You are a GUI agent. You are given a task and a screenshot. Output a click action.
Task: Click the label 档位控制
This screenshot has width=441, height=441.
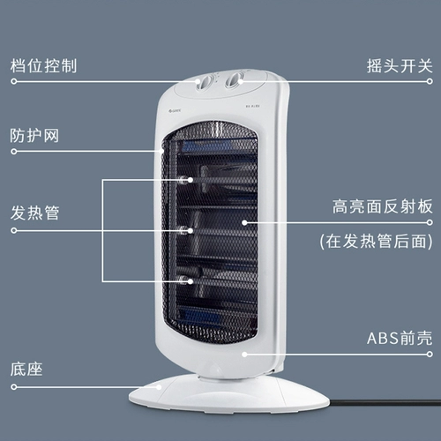tap(43, 66)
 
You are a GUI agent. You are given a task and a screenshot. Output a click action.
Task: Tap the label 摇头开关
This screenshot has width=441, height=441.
tap(400, 66)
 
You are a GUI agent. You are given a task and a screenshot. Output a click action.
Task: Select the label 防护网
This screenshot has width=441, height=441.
tap(34, 136)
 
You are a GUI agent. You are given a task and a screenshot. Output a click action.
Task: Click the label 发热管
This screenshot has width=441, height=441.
tap(34, 213)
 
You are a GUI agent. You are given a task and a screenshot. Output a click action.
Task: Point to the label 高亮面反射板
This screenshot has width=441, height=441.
tap(383, 206)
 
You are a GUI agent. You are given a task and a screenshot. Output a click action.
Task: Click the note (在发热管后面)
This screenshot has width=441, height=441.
tap(377, 242)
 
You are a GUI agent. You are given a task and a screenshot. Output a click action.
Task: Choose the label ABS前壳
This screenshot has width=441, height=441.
tap(400, 338)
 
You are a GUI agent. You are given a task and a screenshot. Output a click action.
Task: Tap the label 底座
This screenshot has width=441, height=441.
tap(26, 370)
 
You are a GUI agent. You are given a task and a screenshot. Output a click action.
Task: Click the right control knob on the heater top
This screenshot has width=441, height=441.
tap(235, 79)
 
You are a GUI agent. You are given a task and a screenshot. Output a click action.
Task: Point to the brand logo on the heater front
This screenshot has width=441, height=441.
tap(176, 110)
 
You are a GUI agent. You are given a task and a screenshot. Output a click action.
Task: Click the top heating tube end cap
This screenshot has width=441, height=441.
tap(183, 180)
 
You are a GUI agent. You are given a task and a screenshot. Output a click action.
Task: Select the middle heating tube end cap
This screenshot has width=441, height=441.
tap(183, 230)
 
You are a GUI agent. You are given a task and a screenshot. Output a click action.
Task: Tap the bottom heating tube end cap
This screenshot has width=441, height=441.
tap(183, 280)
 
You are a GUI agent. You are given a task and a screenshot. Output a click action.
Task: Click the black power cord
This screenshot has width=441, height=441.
tap(385, 403)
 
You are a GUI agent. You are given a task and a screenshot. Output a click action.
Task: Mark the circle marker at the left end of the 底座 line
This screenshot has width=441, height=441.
tap(14, 387)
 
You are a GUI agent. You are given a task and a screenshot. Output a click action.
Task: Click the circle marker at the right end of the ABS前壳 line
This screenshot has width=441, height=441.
tap(430, 354)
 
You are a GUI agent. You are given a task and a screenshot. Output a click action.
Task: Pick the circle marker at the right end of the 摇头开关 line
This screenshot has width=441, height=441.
tap(430, 81)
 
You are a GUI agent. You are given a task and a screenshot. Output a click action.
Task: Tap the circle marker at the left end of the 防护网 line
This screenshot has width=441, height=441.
tap(14, 152)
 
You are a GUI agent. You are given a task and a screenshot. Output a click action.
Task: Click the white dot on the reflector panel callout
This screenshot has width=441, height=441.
tap(244, 222)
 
